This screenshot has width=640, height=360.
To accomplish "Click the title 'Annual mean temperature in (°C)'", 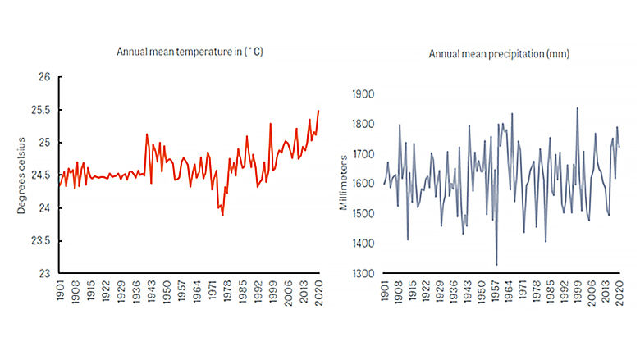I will pyautogui.click(x=190, y=52).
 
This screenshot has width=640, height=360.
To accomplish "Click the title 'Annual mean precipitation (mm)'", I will pyautogui.click(x=487, y=53).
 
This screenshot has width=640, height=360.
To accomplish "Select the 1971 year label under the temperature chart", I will pyautogui.click(x=212, y=294).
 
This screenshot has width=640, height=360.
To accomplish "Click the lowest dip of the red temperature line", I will pyautogui.click(x=222, y=216).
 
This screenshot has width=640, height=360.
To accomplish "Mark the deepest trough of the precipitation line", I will pyautogui.click(x=496, y=265).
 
